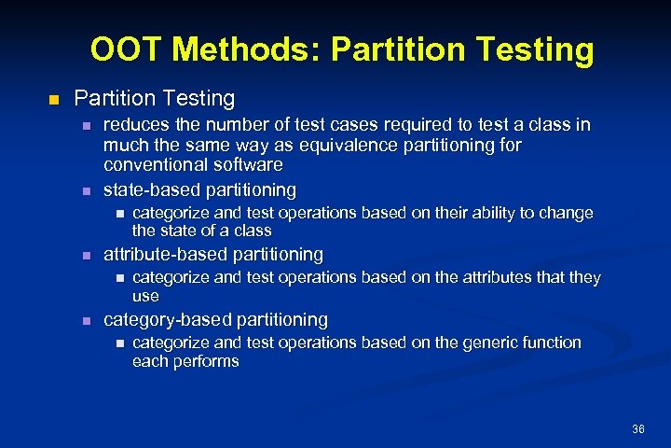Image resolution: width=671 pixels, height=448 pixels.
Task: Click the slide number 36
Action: pos(638,429)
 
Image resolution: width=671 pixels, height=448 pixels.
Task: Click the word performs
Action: pos(207,361)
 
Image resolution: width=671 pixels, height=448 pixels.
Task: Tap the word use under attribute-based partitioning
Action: pos(145,296)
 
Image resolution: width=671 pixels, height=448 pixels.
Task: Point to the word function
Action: pos(549,343)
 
